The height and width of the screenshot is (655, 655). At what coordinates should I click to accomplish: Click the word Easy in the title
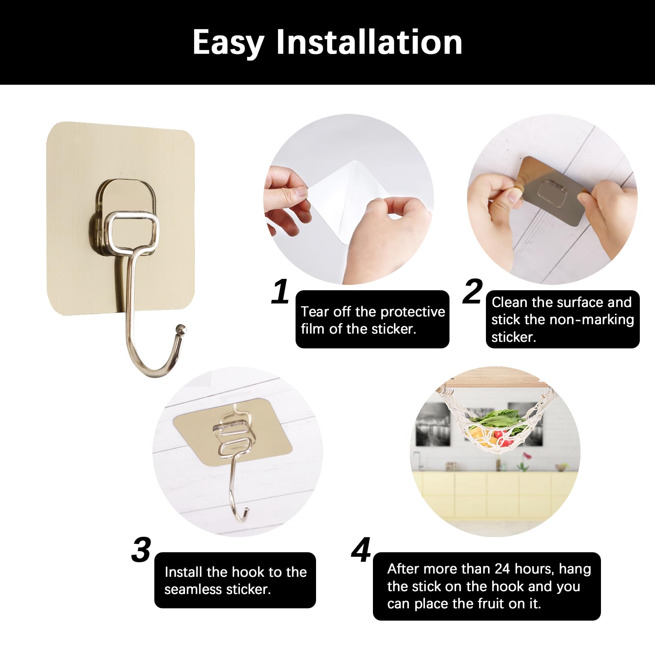pos(228,43)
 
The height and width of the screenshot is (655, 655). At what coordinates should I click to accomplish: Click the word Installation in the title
pos(369,42)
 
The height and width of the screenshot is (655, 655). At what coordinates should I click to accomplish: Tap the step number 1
pos(281,292)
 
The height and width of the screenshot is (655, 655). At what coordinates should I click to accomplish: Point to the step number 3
pos(141,550)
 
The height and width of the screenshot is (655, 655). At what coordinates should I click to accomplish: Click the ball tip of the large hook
pos(181,328)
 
